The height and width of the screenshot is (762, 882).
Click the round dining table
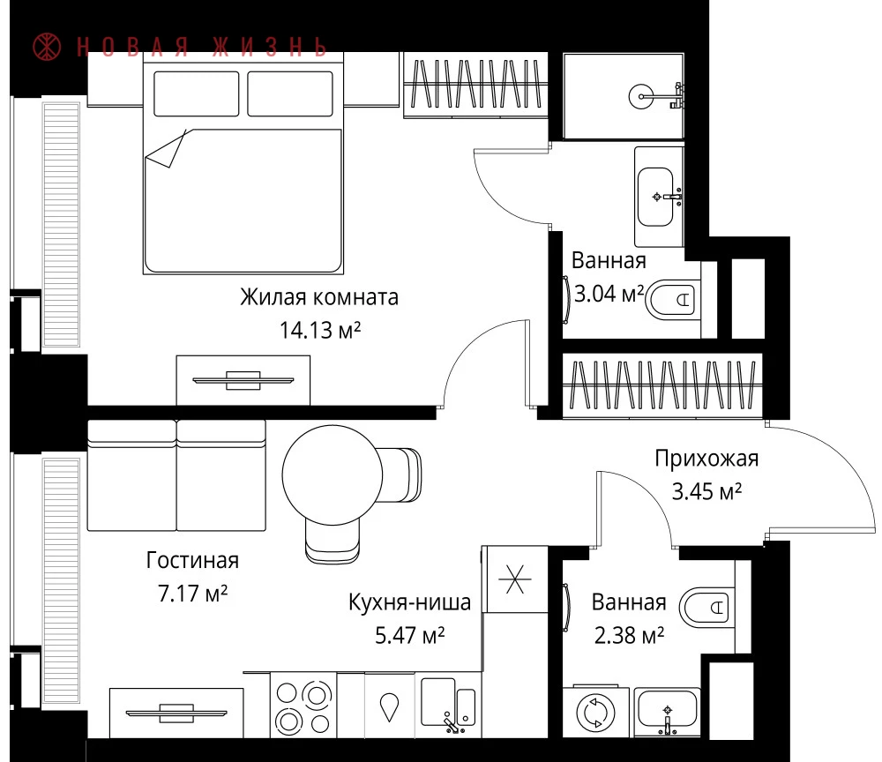[333, 475]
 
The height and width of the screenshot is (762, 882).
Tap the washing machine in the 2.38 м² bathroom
[595, 712]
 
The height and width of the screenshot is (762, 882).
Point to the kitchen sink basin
[437, 700]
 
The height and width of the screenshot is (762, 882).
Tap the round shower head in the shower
[641, 97]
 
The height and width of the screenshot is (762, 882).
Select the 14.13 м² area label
[320, 330]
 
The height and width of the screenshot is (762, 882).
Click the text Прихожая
[706, 459]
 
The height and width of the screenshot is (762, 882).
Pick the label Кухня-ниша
[409, 602]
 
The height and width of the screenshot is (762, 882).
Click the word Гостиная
[192, 560]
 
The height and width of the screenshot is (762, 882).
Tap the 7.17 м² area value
[192, 594]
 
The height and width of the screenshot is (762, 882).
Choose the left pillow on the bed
[197, 93]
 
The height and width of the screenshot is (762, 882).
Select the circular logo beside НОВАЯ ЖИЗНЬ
[47, 47]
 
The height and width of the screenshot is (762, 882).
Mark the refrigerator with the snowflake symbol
[516, 579]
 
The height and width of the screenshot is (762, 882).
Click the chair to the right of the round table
[400, 475]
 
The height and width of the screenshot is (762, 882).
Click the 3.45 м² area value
[706, 491]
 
